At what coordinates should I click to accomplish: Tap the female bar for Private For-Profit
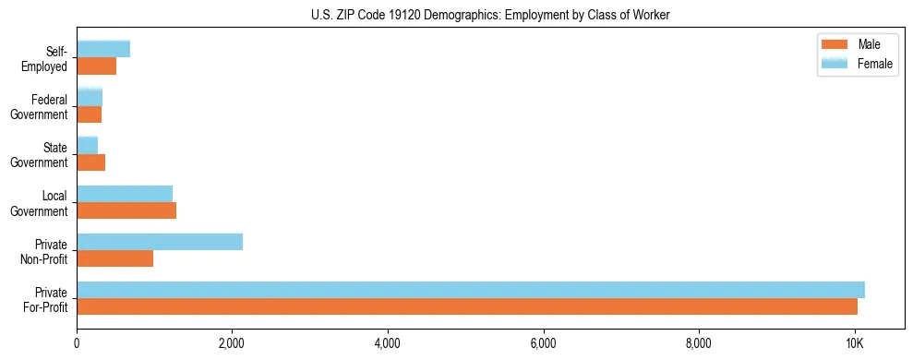[471, 290]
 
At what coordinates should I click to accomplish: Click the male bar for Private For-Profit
[467, 306]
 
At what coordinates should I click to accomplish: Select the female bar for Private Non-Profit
[160, 242]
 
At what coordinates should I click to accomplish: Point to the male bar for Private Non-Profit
[114, 258]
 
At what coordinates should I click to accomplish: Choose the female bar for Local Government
[125, 193]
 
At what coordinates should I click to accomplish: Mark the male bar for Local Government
[126, 210]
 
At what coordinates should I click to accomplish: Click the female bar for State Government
[88, 145]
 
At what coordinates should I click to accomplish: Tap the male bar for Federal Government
[89, 114]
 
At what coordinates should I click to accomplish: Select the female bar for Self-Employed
[103, 49]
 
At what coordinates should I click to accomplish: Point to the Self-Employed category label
[50, 58]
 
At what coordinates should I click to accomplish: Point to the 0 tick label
[77, 344]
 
